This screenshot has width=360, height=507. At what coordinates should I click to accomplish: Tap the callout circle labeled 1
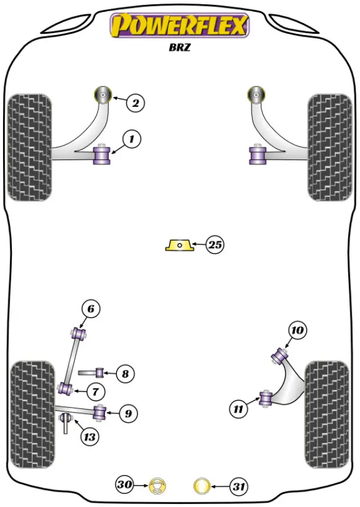coord(132,140)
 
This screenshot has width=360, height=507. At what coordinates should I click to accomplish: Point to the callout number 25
coord(215,244)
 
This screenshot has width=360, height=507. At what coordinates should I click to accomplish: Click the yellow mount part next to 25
coord(179,245)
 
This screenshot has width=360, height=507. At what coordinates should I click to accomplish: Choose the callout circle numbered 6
coord(90,309)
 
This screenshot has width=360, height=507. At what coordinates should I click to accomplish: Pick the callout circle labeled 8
coord(124,374)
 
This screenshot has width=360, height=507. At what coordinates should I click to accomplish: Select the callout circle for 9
coord(128,413)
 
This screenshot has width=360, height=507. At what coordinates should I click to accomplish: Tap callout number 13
coord(89,438)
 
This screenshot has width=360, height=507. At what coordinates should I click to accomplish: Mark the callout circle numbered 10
coord(298,331)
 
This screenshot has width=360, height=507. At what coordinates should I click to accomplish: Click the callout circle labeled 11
coord(238,408)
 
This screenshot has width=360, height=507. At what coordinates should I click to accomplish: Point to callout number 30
coord(124,485)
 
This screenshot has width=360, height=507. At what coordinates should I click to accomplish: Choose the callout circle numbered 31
coord(238,487)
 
